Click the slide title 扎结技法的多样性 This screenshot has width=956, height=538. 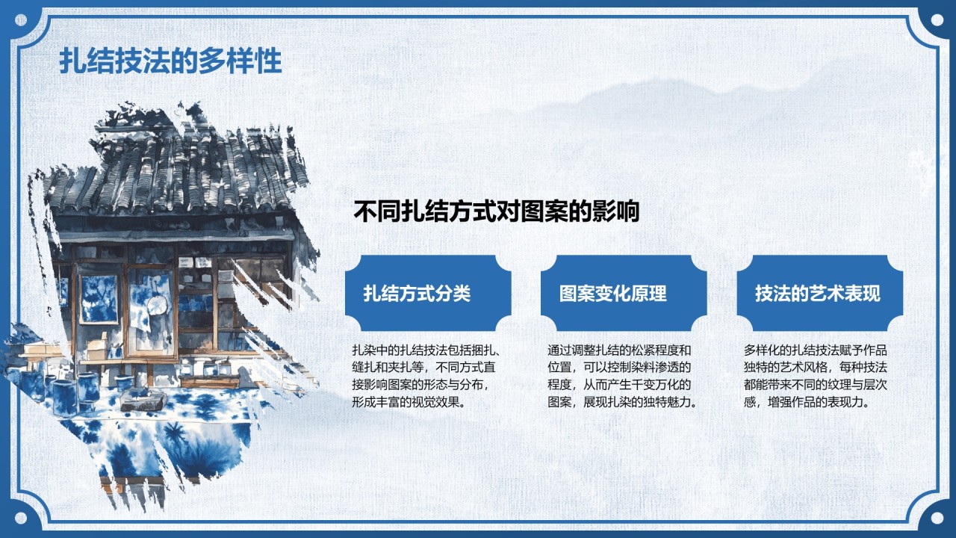[x=170, y=61]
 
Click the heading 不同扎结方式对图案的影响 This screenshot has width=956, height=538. [x=497, y=211]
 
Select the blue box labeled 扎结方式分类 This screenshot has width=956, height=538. [x=428, y=293]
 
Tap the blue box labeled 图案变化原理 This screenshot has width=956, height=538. [x=624, y=293]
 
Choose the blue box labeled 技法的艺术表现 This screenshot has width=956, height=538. [x=820, y=293]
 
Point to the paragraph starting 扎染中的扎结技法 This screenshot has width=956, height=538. [x=426, y=376]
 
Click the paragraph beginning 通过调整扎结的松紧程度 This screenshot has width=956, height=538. [x=622, y=376]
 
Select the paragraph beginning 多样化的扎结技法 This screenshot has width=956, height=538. [x=816, y=376]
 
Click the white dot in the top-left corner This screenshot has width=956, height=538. [x=20, y=19]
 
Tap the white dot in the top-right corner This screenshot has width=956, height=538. [x=937, y=19]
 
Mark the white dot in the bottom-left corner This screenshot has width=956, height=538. [x=20, y=518]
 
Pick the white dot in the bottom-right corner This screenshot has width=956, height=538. [x=937, y=518]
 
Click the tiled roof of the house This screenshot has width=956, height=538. [x=179, y=171]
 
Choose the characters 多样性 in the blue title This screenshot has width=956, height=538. [x=240, y=61]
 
